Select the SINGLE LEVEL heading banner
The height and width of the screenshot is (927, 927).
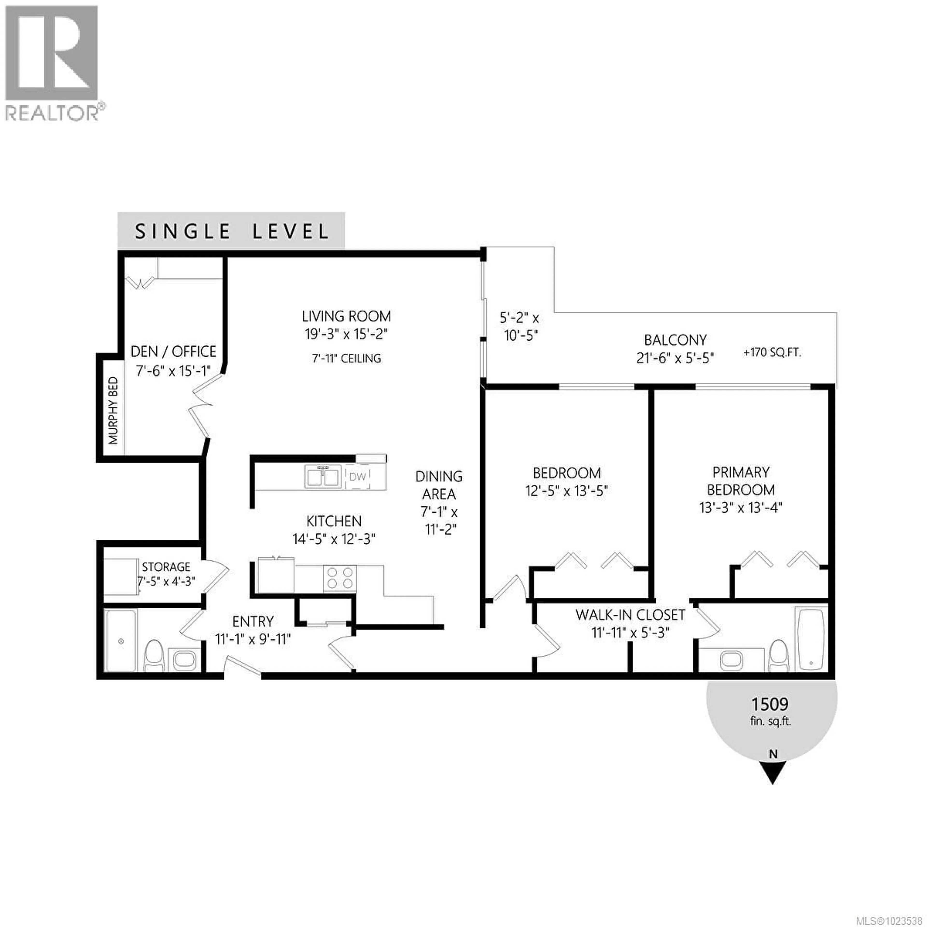coord(231,231)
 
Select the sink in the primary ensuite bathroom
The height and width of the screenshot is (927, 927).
coord(732,660)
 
